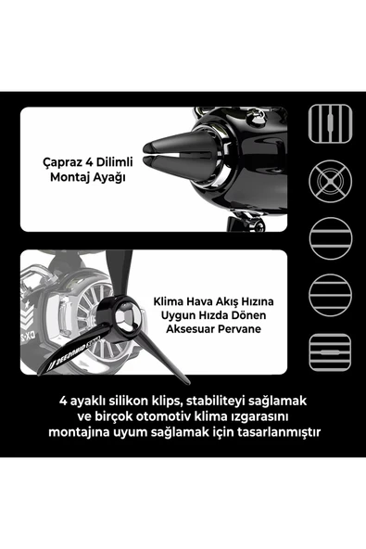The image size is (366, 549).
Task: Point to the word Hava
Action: click(x=206, y=302)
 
